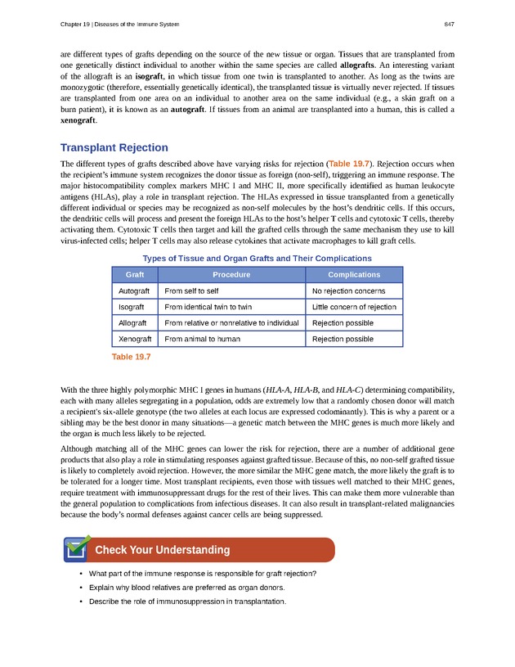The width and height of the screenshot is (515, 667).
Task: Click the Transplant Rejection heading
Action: click(x=114, y=148)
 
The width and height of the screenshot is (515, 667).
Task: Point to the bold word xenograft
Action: click(x=78, y=119)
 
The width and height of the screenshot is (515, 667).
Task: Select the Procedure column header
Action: click(x=231, y=275)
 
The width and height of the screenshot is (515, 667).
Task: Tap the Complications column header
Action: click(x=354, y=275)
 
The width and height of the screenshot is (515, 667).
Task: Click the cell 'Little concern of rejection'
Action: click(x=354, y=307)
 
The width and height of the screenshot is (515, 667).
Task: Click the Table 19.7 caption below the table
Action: click(x=131, y=357)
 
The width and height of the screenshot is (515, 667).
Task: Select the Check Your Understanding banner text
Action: click(x=162, y=549)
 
